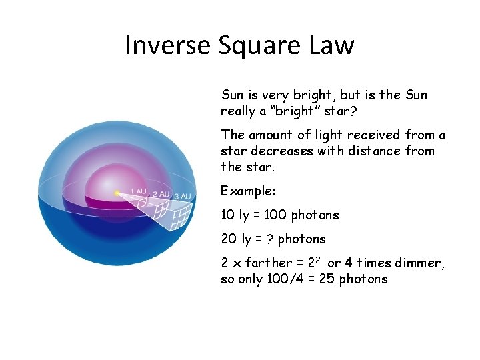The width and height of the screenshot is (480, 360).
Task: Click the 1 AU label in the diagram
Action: coord(138,191)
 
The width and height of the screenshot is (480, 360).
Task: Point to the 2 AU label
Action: coord(160,194)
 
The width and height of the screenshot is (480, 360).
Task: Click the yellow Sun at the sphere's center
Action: coord(117,193)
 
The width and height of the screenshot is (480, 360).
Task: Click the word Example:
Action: coord(248,191)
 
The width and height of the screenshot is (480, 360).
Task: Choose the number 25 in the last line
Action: coord(328,279)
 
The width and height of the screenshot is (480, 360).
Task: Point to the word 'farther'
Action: coord(267,263)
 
